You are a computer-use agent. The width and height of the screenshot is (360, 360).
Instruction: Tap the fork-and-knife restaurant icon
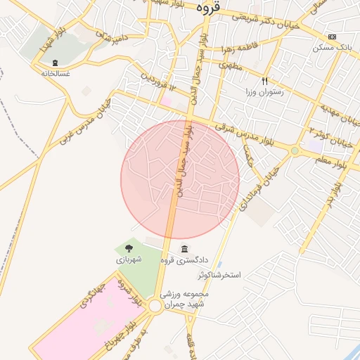tap(265, 81)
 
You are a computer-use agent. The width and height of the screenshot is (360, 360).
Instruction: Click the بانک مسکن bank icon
tap(333, 37)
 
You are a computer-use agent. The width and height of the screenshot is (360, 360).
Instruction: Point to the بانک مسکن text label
tap(335, 47)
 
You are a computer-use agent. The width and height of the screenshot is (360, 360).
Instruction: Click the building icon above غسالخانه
tap(56, 63)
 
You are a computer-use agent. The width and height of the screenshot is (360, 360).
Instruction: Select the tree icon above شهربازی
tap(128, 248)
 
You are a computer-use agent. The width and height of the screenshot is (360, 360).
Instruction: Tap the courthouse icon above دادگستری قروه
tap(184, 250)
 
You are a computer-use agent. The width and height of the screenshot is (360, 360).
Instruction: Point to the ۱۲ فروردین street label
tap(155, 84)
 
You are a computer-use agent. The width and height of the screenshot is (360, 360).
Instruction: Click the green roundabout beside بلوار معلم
tap(295, 150)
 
